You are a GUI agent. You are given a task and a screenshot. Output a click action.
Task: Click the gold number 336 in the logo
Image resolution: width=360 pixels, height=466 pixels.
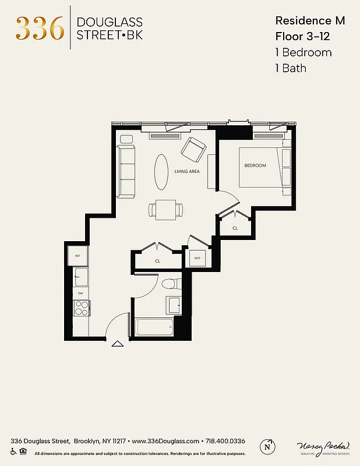(x=40, y=28)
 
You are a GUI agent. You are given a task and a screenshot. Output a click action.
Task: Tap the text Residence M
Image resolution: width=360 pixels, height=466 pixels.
(x=310, y=21)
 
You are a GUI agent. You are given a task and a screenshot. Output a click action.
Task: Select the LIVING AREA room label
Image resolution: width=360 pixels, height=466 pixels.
(x=187, y=171)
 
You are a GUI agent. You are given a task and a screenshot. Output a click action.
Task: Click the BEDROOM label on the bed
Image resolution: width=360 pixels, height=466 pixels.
(x=255, y=165)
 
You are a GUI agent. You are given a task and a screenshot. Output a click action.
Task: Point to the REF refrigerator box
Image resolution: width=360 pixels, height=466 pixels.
(x=77, y=255)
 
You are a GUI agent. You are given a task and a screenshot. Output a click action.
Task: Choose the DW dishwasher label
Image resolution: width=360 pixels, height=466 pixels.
(x=80, y=293)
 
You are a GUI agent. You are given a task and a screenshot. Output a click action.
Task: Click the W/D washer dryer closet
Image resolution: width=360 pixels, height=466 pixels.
(x=197, y=257)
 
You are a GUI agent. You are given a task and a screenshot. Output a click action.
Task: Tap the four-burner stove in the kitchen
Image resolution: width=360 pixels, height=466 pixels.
(x=81, y=308)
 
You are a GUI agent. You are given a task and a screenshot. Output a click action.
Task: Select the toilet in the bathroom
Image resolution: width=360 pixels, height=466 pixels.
(x=169, y=285)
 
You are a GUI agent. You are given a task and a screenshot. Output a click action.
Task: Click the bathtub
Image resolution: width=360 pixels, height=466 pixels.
(x=154, y=326)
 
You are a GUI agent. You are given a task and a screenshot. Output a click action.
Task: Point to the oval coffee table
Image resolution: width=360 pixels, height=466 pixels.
(x=163, y=171)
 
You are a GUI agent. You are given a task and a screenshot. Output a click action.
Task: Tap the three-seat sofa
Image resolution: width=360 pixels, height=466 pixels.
(x=126, y=171)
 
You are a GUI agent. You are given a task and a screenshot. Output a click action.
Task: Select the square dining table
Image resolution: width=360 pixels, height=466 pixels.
(x=166, y=209)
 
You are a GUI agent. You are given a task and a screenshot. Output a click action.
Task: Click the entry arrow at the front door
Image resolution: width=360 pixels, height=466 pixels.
(x=118, y=344)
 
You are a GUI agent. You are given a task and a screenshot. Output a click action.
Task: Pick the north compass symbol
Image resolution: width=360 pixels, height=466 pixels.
(x=269, y=445)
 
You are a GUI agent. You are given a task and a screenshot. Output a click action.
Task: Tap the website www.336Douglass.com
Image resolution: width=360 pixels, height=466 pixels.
(x=166, y=441)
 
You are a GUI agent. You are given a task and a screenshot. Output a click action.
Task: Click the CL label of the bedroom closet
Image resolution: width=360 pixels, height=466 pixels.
(x=235, y=228)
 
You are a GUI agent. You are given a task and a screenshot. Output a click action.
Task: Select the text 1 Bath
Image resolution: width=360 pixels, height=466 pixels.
(x=290, y=68)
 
